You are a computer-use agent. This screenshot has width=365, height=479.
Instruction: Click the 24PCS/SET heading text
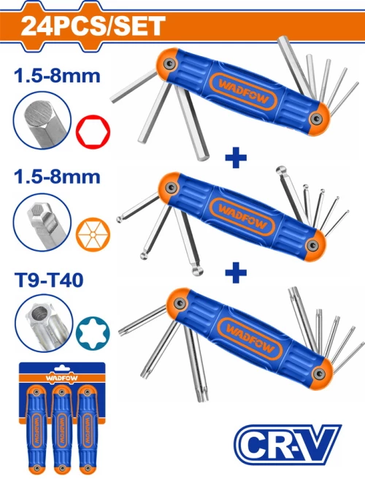click(93, 26)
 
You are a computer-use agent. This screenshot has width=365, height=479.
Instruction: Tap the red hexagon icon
click(93, 132)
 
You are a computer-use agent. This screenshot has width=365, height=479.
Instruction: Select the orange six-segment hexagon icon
click(93, 234)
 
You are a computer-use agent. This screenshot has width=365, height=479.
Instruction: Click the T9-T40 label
click(49, 280)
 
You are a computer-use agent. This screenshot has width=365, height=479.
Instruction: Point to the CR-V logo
click(288, 444)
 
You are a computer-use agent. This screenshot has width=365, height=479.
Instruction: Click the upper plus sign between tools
click(236, 157)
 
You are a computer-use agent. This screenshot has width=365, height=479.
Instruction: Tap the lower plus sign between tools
click(236, 273)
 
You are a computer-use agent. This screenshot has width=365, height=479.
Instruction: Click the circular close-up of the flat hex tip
click(42, 121)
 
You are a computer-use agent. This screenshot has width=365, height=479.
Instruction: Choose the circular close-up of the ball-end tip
click(42, 222)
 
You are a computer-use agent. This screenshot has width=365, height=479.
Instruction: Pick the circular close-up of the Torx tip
click(44, 323)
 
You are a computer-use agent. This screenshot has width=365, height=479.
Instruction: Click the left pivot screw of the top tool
click(169, 64)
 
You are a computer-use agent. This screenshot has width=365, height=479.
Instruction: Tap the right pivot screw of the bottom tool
click(320, 373)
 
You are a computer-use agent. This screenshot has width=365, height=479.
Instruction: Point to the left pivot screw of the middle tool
click(170, 187)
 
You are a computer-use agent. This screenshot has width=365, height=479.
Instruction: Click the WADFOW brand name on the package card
click(61, 378)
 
